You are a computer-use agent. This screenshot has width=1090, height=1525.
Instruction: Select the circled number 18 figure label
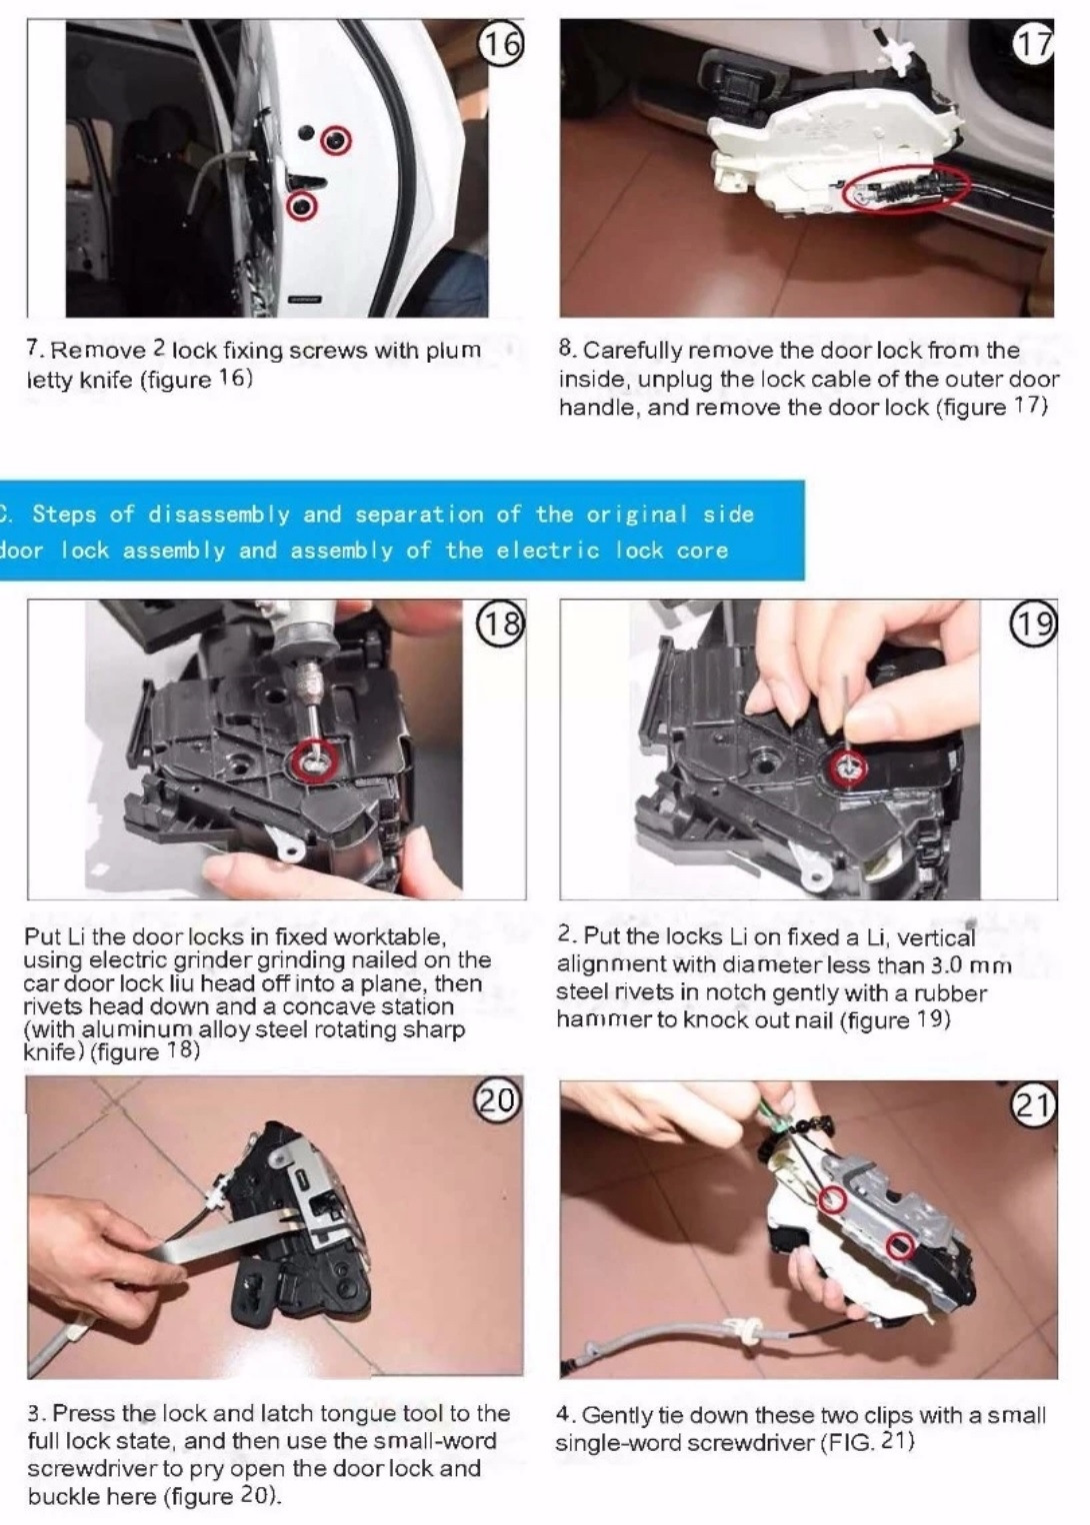click(502, 624)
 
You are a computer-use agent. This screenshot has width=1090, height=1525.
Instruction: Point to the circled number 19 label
click(1037, 624)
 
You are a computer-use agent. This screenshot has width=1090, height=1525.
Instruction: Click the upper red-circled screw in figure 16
click(336, 140)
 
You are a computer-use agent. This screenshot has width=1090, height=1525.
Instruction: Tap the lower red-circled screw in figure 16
click(302, 206)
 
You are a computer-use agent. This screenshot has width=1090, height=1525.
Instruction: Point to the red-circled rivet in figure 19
click(849, 768)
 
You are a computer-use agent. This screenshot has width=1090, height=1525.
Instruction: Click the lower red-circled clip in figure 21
click(900, 1245)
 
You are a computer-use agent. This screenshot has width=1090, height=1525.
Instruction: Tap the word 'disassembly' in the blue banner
click(218, 514)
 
